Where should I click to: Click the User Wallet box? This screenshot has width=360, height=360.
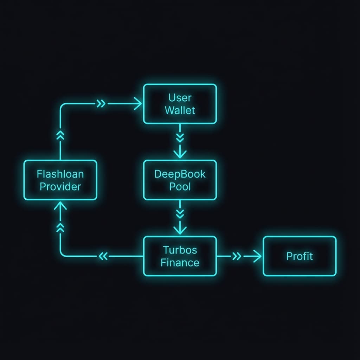click(180, 104)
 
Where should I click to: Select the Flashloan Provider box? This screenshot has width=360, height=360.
click(60, 180)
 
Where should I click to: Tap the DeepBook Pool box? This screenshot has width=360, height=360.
click(180, 180)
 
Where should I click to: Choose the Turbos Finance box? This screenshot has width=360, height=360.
click(180, 256)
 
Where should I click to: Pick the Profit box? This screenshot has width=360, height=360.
click(300, 256)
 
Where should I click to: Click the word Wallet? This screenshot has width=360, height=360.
click(180, 110)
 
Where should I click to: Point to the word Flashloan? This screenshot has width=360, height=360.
click(60, 174)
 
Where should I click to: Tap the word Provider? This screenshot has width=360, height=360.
click(60, 186)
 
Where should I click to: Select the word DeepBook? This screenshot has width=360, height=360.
click(180, 174)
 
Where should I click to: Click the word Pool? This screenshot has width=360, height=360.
click(180, 186)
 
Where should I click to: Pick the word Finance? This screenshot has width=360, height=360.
click(180, 262)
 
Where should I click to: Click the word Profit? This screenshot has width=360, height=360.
click(300, 256)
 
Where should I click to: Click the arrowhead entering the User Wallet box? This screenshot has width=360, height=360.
click(139, 104)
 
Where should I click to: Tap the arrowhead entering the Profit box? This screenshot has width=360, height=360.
click(258, 256)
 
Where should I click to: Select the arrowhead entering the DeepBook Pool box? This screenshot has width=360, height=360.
click(180, 154)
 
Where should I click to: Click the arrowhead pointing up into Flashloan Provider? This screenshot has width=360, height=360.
click(60, 206)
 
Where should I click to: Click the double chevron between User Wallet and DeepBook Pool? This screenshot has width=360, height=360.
click(180, 137)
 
